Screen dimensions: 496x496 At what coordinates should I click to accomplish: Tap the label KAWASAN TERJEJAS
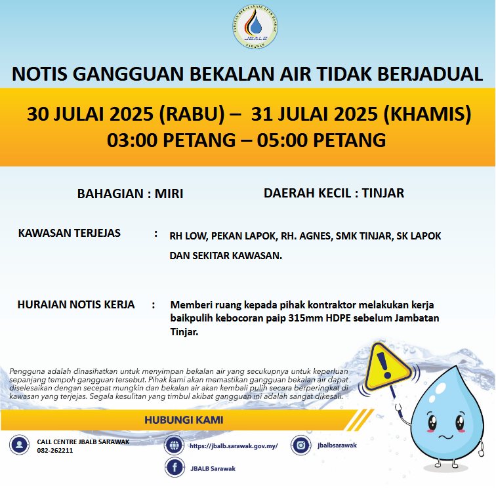[70, 234]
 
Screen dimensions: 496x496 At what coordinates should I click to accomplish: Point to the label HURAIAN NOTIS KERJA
[76, 304]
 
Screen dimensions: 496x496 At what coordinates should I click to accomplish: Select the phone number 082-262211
[55, 451]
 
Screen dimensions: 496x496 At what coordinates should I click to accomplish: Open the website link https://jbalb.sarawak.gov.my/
[234, 445]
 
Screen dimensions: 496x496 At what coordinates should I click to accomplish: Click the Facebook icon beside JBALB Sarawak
[175, 468]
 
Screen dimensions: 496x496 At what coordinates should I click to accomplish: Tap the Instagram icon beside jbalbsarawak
[301, 445]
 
